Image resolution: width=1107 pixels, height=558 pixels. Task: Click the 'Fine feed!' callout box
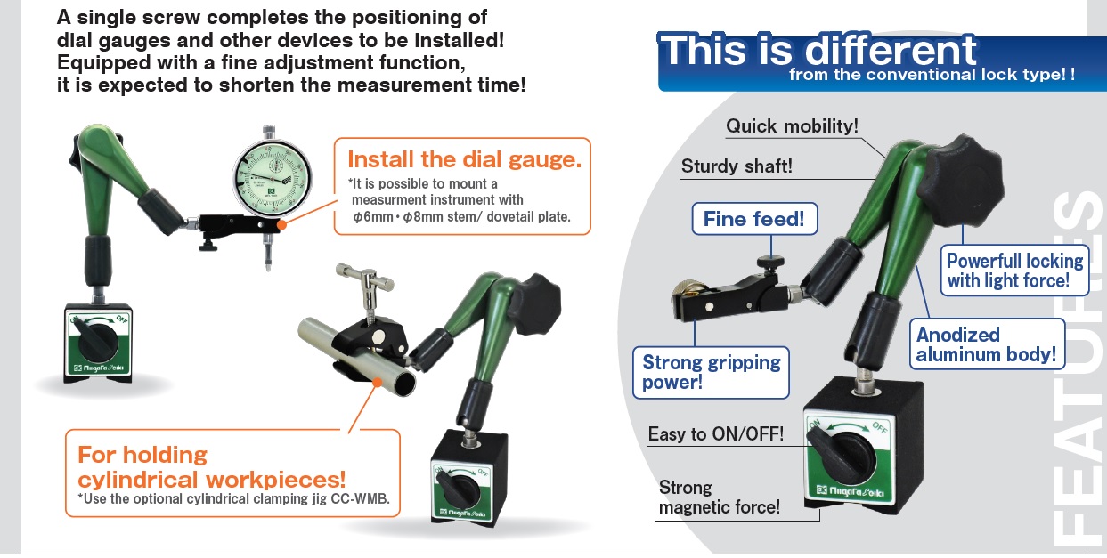(754, 219)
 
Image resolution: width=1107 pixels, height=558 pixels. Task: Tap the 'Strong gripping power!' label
(711, 372)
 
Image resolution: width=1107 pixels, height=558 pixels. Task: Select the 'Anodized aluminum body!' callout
(987, 344)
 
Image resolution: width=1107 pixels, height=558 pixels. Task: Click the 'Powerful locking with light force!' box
(1014, 271)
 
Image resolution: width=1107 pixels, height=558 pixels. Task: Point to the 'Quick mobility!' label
(792, 126)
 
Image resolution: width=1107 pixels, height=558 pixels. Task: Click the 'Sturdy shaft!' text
(737, 166)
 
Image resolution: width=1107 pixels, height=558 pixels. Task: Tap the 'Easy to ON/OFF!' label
(716, 434)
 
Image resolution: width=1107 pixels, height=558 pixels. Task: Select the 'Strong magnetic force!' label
(719, 497)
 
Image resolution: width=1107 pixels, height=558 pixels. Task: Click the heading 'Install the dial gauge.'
(465, 159)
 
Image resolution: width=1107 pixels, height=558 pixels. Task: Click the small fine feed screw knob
(771, 262)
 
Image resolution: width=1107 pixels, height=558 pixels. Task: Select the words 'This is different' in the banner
(818, 50)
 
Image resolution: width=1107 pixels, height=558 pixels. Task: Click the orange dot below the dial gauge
(281, 224)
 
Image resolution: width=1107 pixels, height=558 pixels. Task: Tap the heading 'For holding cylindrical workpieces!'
(212, 467)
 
